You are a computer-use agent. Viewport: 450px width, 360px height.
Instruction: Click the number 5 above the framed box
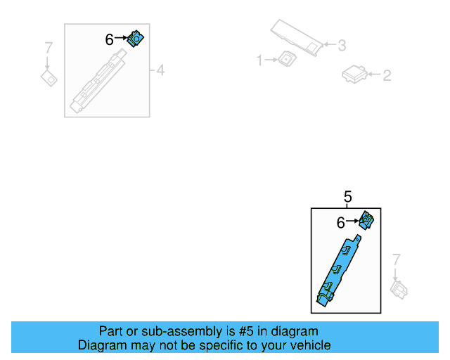(347, 197)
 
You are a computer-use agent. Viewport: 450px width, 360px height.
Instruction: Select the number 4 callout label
(160, 70)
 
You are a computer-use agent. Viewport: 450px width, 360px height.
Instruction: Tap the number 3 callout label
(341, 46)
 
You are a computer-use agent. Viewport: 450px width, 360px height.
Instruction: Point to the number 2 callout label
(386, 75)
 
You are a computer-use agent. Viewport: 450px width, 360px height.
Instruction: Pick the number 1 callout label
(259, 61)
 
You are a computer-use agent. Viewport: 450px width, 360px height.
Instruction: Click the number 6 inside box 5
(340, 223)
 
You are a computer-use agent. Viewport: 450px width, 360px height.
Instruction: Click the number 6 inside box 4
(109, 40)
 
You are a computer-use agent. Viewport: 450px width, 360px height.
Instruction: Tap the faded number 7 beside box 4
(48, 49)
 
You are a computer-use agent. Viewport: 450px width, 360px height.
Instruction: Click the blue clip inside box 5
(366, 221)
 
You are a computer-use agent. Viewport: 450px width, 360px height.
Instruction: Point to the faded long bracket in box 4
(98, 80)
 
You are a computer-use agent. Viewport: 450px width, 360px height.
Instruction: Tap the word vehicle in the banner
(308, 345)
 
